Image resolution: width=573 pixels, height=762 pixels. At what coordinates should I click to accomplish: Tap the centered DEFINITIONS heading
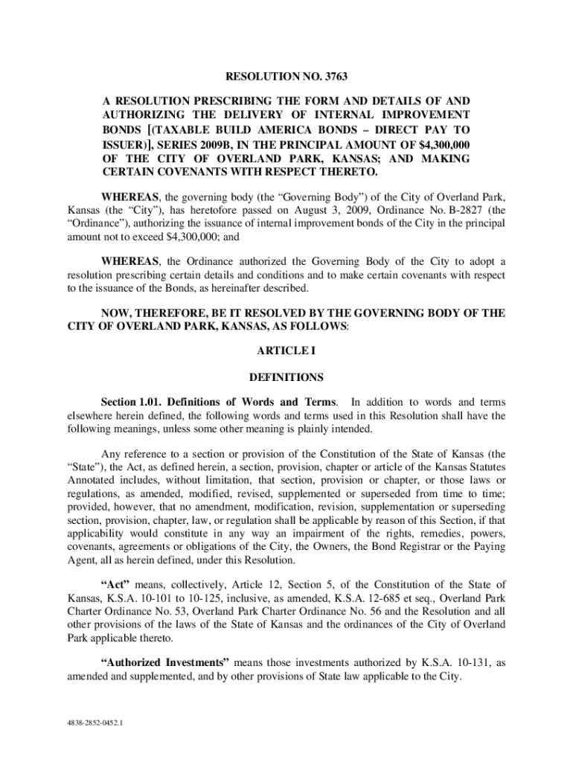286,377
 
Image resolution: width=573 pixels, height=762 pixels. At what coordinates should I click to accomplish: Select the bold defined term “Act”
117,586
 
